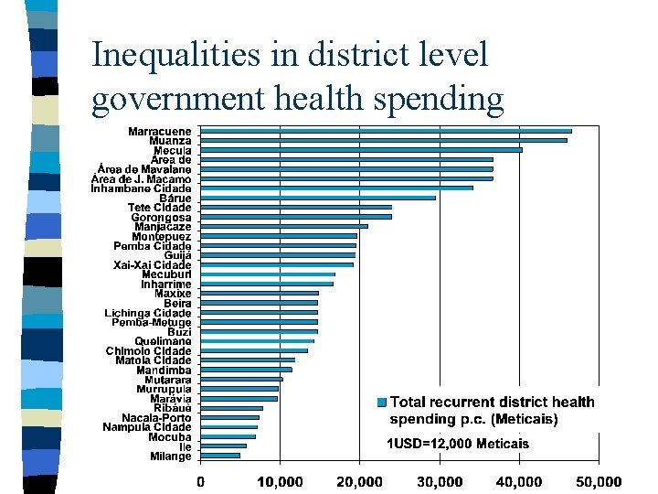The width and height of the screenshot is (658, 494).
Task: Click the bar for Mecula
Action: point(361,150)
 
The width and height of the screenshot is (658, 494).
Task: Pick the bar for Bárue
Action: point(318,198)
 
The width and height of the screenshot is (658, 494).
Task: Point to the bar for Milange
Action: point(220,456)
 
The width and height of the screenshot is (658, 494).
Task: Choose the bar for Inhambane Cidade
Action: point(336,188)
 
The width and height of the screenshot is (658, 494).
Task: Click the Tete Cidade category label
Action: point(160,208)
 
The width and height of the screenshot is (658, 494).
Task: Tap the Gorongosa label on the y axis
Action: point(162,218)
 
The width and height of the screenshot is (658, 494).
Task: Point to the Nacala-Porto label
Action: point(157,418)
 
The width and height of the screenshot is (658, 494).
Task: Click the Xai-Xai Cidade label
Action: point(153,264)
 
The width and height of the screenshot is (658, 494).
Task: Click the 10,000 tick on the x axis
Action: point(280,481)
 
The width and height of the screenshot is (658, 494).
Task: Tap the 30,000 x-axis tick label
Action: point(440,481)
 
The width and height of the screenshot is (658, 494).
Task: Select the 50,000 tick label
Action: point(599,481)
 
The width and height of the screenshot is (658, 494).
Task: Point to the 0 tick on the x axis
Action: point(201,481)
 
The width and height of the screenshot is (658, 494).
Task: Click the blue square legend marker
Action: point(382,403)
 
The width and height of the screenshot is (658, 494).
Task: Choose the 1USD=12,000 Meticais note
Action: point(457,444)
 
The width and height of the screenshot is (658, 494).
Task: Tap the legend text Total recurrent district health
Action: point(492,403)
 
